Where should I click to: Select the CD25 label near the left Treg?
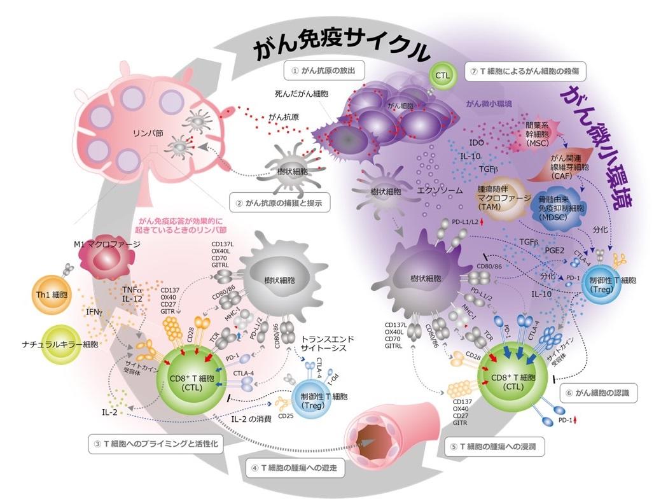click(x=285, y=417)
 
